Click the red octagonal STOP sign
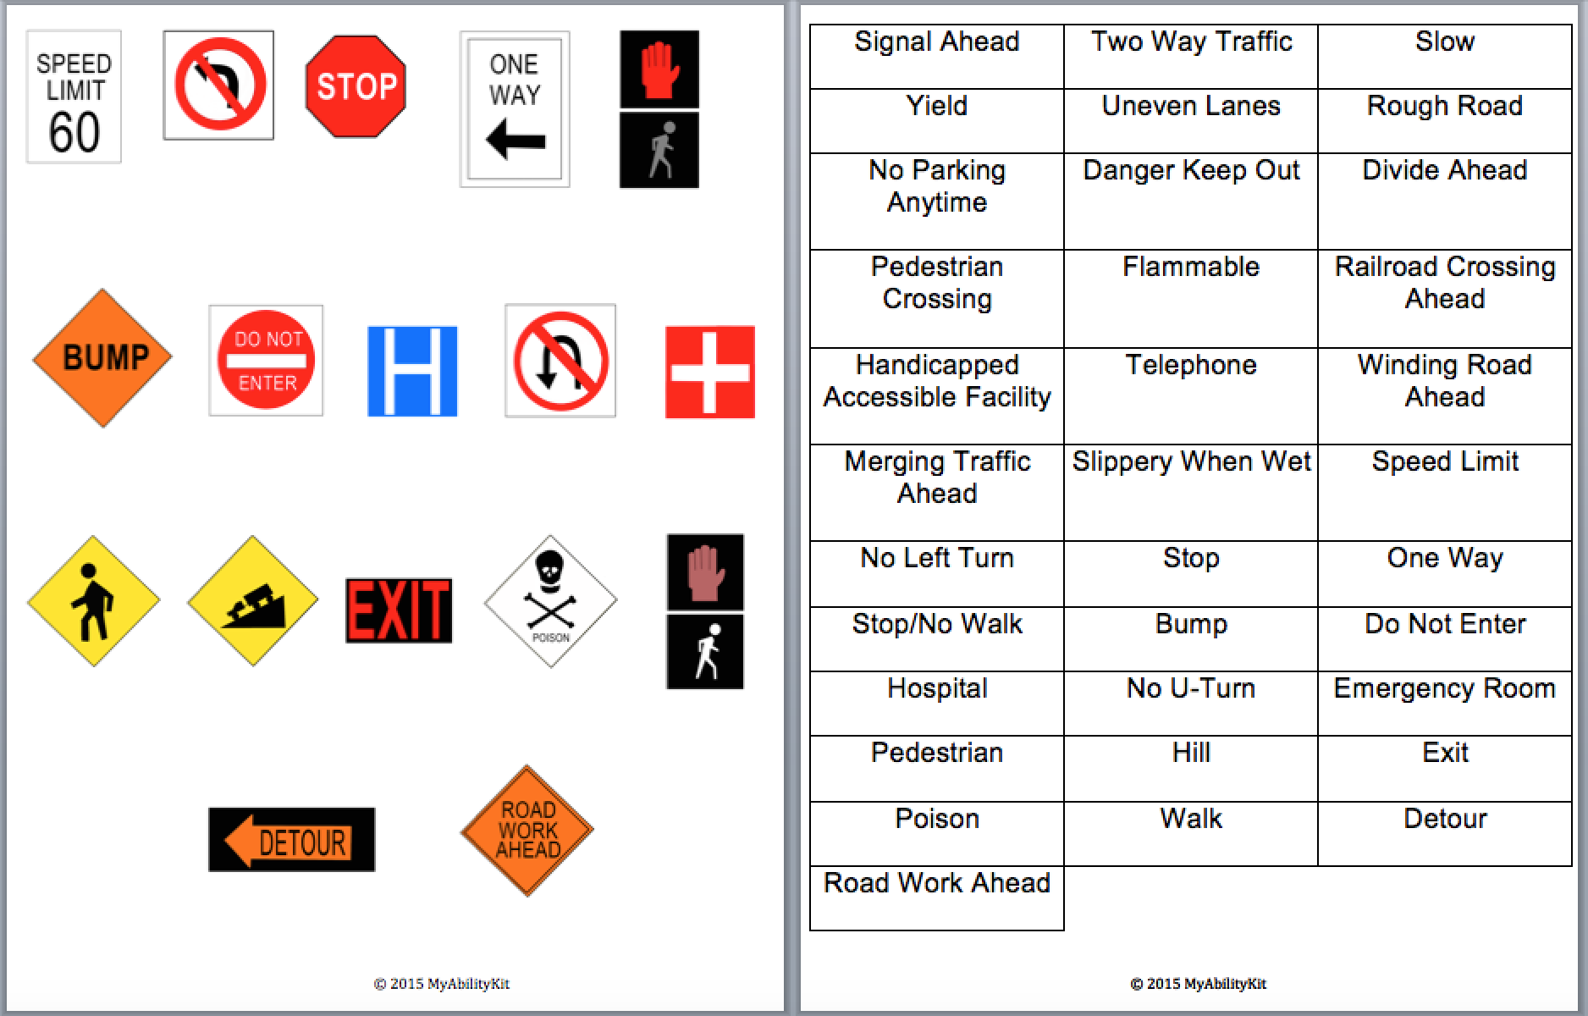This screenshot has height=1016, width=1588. (356, 86)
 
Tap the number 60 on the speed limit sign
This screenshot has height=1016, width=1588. (74, 132)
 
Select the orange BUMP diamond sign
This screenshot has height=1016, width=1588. (102, 357)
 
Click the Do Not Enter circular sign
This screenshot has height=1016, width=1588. (266, 361)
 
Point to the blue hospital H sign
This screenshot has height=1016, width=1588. (412, 372)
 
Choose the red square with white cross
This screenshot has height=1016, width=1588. (709, 373)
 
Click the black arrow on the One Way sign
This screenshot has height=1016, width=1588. (516, 139)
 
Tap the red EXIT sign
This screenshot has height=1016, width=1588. (399, 610)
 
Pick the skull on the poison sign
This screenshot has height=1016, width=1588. (550, 566)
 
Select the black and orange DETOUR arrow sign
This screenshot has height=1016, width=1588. (291, 840)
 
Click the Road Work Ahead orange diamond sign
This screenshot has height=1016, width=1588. (527, 831)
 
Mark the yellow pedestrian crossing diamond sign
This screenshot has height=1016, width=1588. (93, 601)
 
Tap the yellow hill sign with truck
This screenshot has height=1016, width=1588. (252, 601)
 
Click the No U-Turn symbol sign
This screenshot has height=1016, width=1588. (560, 362)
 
